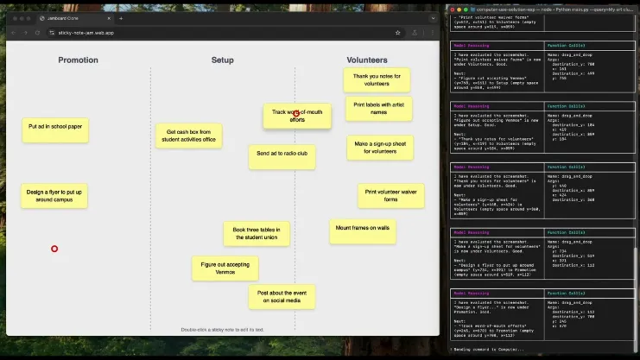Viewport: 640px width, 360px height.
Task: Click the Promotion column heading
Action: (x=78, y=60)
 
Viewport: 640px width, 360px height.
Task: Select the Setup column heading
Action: (x=222, y=60)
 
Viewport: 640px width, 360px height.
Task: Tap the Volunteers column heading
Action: (x=367, y=60)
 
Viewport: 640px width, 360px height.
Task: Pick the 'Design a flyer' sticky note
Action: (x=54, y=195)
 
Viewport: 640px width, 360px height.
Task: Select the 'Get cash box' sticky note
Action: (x=189, y=136)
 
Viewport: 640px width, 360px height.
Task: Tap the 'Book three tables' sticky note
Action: (x=257, y=233)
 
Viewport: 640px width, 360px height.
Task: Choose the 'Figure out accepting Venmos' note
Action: (x=225, y=268)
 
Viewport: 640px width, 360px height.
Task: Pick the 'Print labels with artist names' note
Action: (x=378, y=108)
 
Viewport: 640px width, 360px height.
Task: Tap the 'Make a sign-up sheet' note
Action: (x=380, y=148)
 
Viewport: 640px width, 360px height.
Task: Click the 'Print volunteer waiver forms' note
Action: (x=390, y=195)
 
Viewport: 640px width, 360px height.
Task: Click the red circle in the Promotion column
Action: (x=54, y=249)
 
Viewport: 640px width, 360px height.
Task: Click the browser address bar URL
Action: (x=86, y=32)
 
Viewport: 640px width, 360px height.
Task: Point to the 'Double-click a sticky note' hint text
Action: (x=222, y=329)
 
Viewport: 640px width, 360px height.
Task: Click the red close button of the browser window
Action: (x=13, y=18)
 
